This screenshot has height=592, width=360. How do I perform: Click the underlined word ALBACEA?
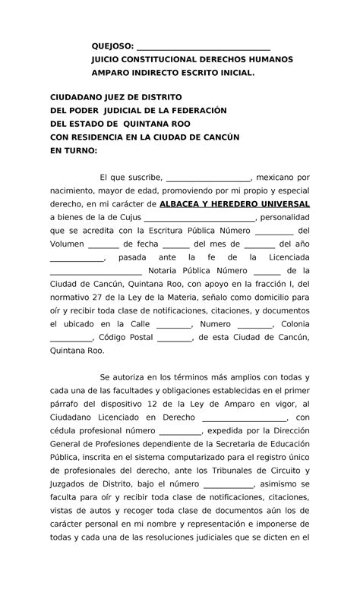coord(188,205)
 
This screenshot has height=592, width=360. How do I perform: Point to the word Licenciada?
coord(284,258)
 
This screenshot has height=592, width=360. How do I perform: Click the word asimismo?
coord(284,483)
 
